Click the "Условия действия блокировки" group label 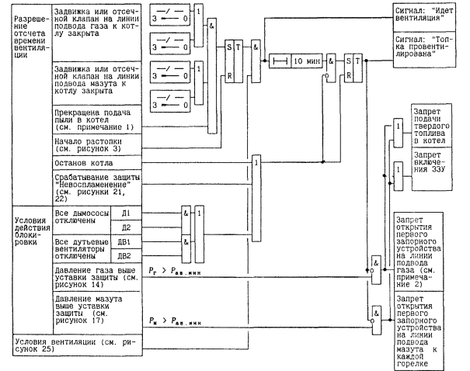pos(26,229)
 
